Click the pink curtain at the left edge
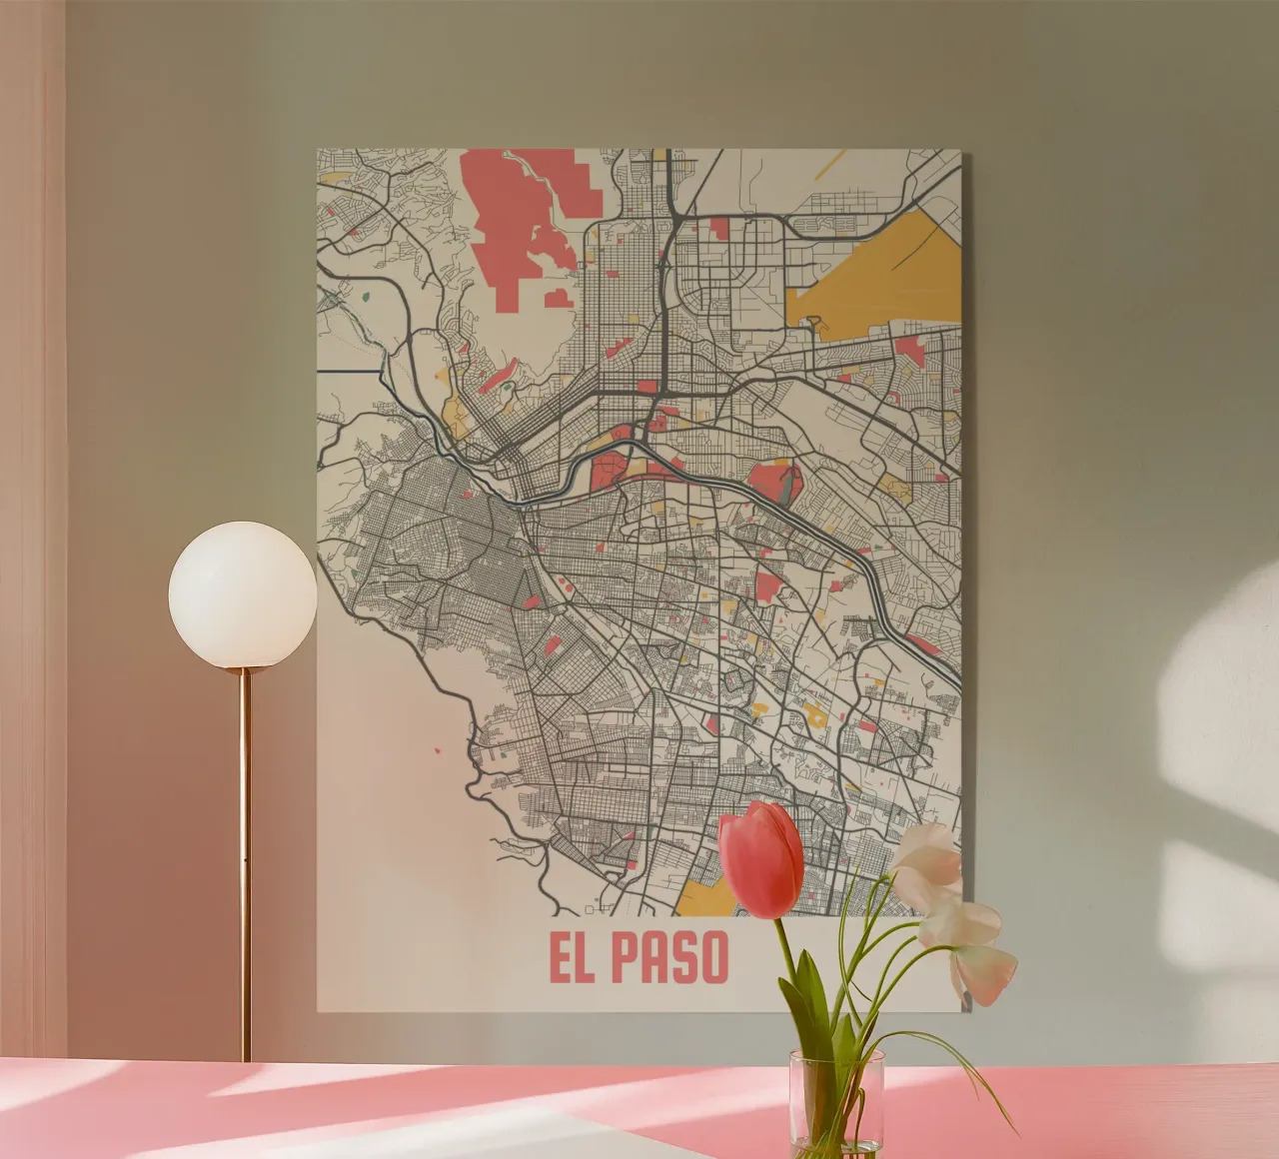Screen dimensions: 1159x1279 click(x=30, y=500)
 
